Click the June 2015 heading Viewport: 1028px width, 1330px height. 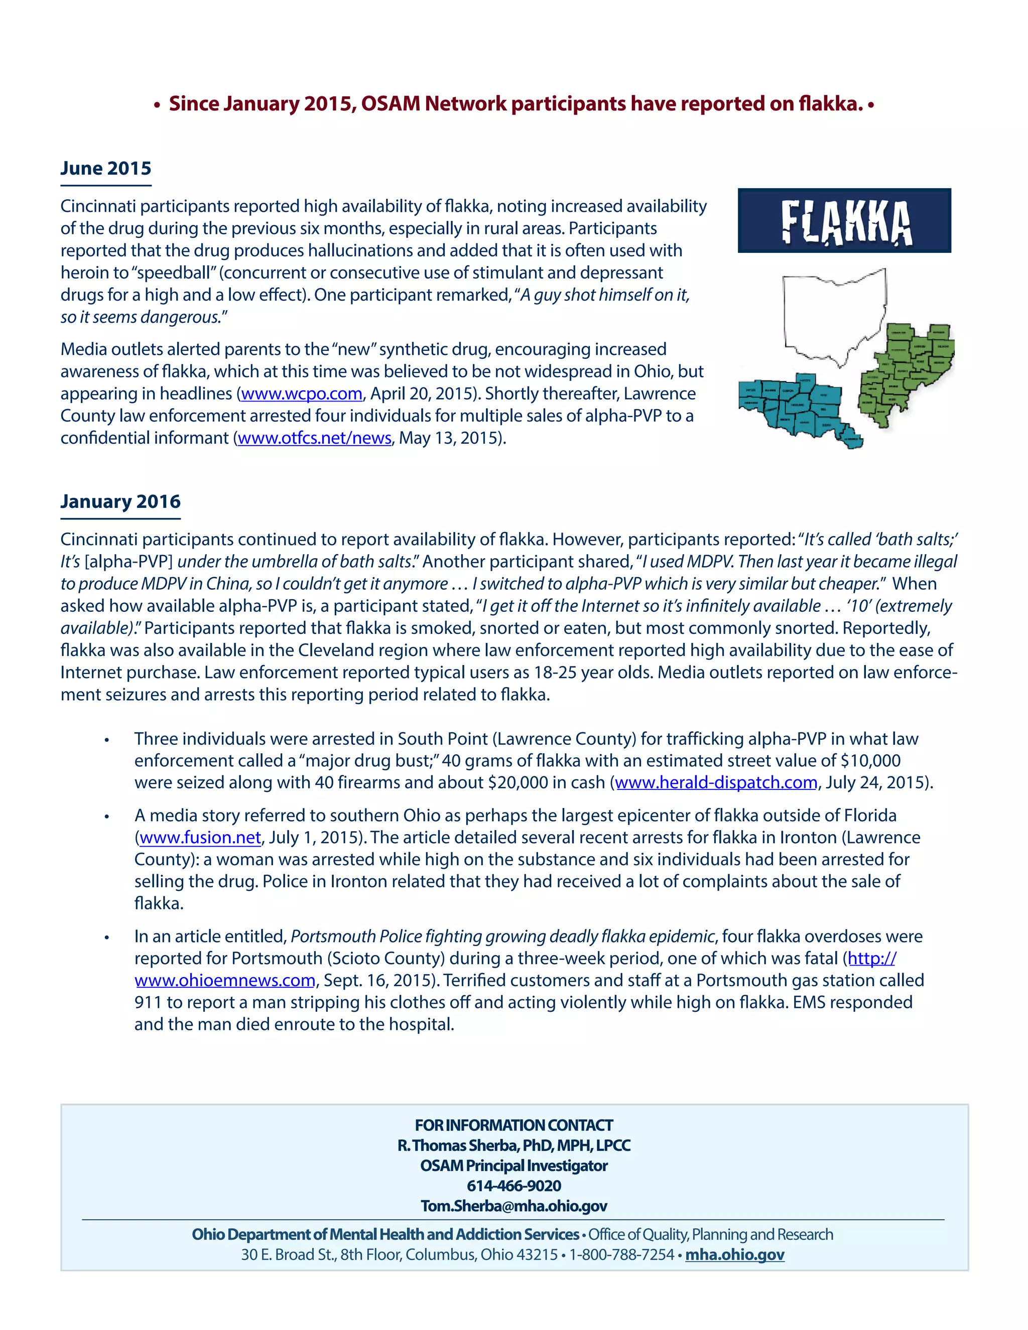105,168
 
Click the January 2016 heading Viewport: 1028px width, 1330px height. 120,501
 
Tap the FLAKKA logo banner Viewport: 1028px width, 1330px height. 844,220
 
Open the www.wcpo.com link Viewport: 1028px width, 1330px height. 302,394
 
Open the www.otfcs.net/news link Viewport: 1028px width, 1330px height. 314,439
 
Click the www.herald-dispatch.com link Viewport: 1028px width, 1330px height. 716,782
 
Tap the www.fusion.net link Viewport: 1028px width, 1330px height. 200,838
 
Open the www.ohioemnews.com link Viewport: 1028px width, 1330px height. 225,981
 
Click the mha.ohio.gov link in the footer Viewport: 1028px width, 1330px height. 734,1255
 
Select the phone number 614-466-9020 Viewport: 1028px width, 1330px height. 513,1185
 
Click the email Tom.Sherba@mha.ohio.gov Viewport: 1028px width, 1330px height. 513,1206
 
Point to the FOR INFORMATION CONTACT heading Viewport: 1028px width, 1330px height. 513,1125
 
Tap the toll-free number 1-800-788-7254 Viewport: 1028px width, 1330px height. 621,1255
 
